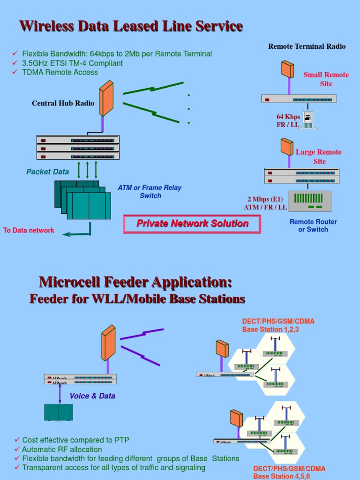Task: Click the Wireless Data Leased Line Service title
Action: [x=131, y=26]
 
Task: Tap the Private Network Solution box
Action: [x=192, y=224]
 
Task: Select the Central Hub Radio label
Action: [x=63, y=103]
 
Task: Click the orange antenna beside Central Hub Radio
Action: [x=106, y=99]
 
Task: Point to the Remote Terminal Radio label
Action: [x=307, y=46]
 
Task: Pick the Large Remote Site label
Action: [x=319, y=157]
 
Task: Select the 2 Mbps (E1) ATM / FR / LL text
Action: [x=265, y=203]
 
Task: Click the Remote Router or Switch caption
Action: [x=313, y=225]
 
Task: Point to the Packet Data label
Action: [x=47, y=172]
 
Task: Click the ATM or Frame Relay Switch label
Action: [x=150, y=192]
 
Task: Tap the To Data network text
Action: [x=29, y=230]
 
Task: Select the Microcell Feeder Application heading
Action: [x=135, y=282]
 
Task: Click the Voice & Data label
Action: [x=92, y=396]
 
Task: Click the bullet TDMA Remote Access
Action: [x=60, y=72]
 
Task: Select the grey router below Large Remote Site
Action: [x=309, y=201]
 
